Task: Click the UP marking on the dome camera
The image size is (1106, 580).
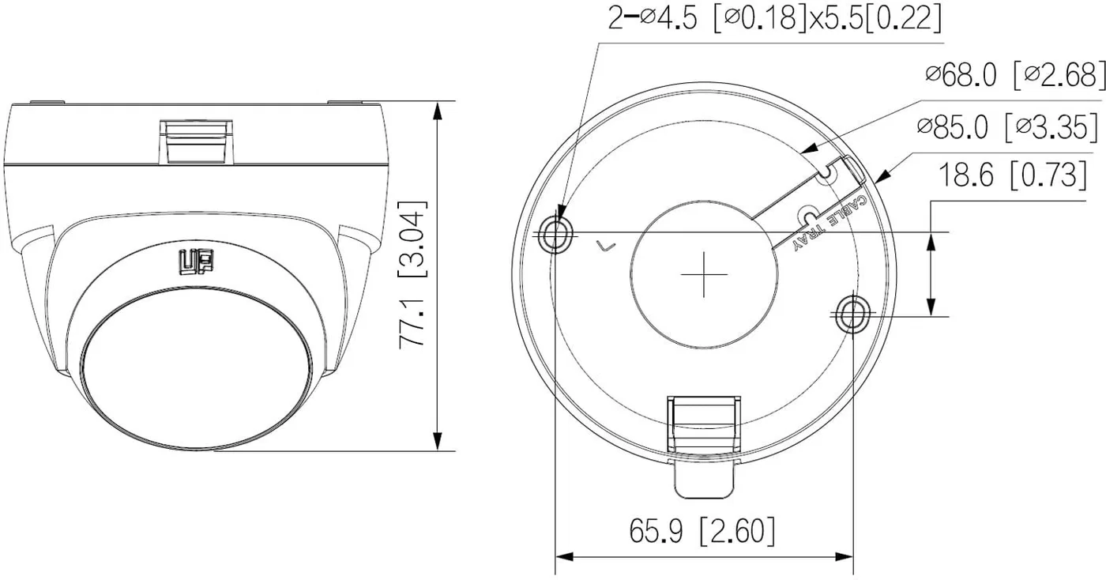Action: tap(196, 262)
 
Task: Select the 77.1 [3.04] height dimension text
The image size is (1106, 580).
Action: tap(412, 275)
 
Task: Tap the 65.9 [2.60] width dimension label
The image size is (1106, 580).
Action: tap(702, 531)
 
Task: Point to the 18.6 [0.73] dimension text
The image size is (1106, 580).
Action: tap(1012, 175)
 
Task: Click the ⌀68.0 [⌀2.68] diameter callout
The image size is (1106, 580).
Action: tap(1015, 76)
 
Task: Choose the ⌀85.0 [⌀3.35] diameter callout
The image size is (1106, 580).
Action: tap(1008, 127)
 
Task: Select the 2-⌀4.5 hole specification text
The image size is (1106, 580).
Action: tap(774, 17)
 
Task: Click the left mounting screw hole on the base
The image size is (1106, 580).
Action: tap(555, 234)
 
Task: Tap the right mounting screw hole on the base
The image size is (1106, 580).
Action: tap(852, 314)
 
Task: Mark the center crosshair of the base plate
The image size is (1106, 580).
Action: tap(704, 274)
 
